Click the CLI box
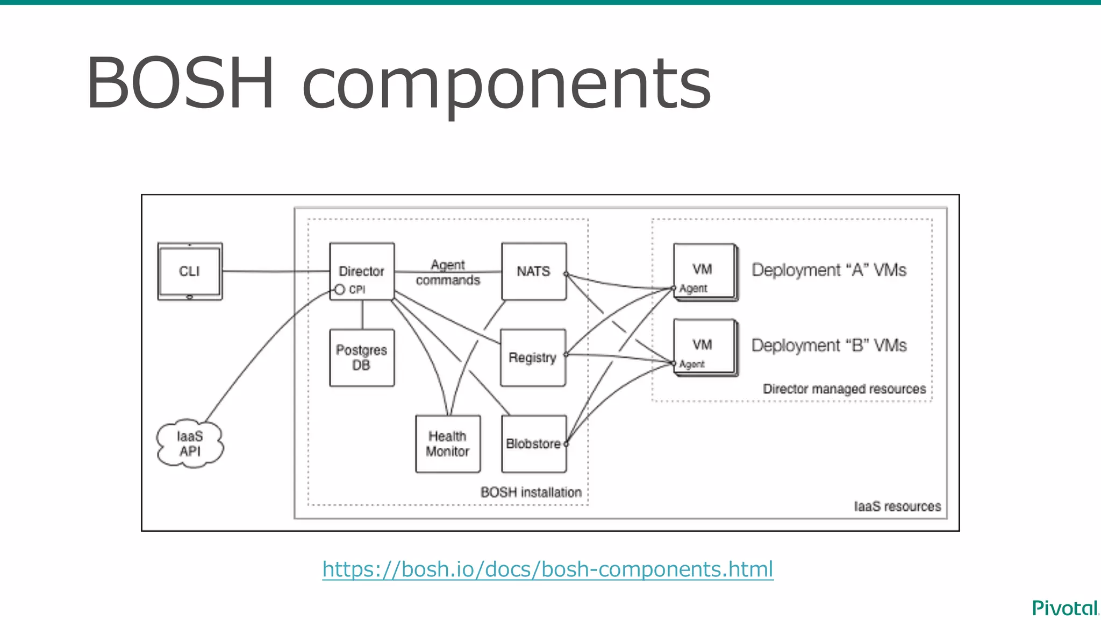[x=190, y=271]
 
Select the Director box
[x=362, y=271]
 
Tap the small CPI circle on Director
[x=340, y=290]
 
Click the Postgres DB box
[x=362, y=357]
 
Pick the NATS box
[x=533, y=271]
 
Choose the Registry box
[x=532, y=357]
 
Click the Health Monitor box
[x=447, y=443]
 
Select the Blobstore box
[x=533, y=443]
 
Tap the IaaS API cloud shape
[x=190, y=443]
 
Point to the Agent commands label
[x=447, y=272]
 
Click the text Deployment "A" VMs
[x=828, y=270]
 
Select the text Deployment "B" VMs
[x=828, y=345]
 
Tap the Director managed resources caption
[x=844, y=389]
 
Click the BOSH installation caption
[x=531, y=492]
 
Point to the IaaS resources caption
[x=897, y=506]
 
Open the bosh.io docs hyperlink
[x=547, y=569]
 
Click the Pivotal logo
[x=1064, y=608]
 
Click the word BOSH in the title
[x=180, y=83]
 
